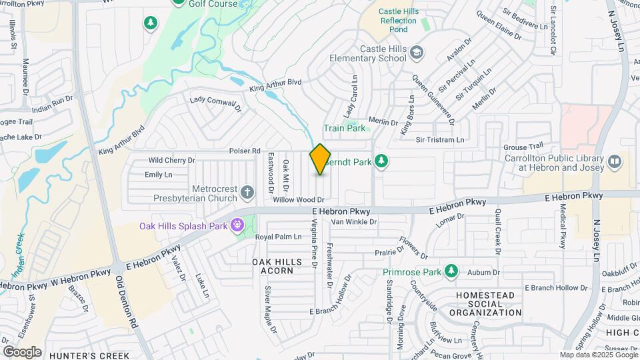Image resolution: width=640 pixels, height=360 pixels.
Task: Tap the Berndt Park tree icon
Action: (381, 161)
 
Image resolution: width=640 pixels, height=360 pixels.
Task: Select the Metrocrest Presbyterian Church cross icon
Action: (247, 193)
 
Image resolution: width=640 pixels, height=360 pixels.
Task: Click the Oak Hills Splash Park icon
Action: (237, 226)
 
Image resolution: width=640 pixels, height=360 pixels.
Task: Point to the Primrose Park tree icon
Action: (451, 271)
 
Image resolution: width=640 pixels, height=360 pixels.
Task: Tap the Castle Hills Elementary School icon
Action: (417, 53)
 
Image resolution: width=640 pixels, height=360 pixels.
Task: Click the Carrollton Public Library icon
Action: (614, 161)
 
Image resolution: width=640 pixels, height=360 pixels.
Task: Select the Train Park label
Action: (344, 128)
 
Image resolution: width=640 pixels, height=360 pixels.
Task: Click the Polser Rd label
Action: (244, 151)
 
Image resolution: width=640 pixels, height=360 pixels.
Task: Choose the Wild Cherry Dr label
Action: (171, 160)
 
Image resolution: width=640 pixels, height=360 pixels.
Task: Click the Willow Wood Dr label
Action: (298, 199)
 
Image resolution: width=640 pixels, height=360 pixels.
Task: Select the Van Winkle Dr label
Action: (354, 221)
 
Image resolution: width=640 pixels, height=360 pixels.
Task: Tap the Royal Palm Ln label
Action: (279, 237)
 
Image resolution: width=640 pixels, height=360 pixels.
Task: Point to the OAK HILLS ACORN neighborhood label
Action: (273, 266)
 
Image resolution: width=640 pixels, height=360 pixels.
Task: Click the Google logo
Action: (22, 351)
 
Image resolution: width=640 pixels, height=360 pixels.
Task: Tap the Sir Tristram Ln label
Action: (439, 140)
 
